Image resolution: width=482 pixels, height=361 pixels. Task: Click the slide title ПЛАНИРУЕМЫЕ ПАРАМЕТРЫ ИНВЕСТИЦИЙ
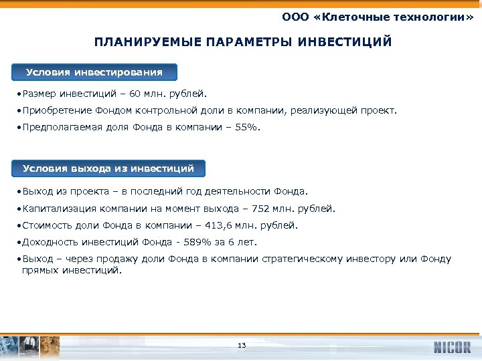242,43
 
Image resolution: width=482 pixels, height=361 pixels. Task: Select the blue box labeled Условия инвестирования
94,72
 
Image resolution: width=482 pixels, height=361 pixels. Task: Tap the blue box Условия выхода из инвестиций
108,168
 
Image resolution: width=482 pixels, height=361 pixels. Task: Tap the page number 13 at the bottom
242,345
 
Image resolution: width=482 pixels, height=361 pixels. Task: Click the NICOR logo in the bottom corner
452,347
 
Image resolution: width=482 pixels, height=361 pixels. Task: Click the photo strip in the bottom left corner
30,346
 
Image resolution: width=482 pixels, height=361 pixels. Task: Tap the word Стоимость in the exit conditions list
45,225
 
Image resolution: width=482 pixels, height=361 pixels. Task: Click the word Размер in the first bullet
37,94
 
